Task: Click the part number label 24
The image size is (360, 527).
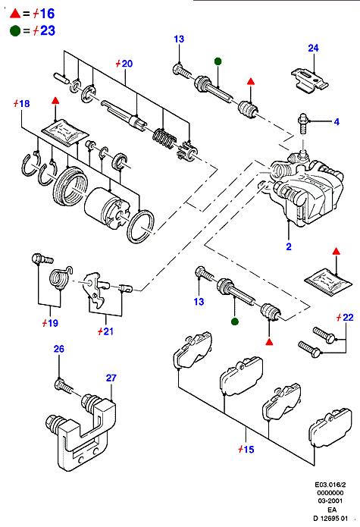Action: coord(313,48)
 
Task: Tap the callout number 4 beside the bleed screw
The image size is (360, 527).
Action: coord(337,121)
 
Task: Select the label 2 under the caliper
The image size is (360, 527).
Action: coord(289,246)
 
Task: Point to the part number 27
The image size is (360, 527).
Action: coord(111,378)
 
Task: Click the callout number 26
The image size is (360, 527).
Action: coord(59,349)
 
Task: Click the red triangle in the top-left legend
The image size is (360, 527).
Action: coord(15,14)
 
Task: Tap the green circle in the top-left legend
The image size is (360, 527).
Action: coord(15,31)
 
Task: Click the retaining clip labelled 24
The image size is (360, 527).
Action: coord(309,80)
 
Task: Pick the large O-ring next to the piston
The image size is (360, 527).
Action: coord(141,226)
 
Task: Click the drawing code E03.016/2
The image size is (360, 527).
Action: coord(330,485)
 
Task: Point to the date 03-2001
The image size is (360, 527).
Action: coord(330,500)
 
